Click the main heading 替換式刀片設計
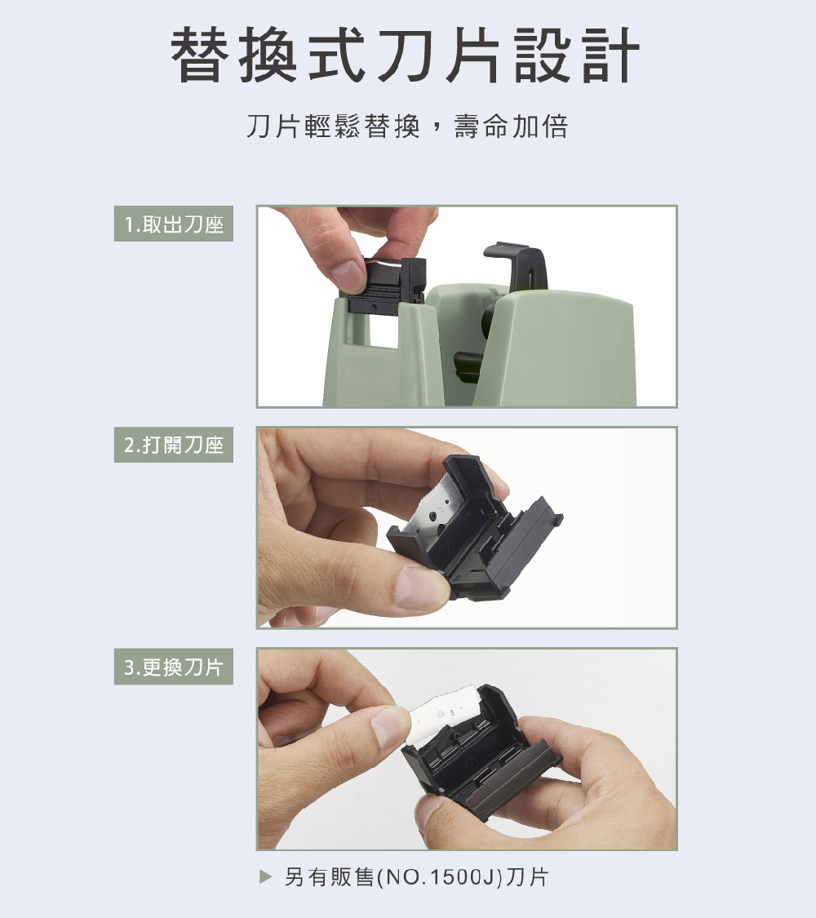405,55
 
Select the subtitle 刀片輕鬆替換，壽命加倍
407,126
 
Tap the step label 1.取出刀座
174,224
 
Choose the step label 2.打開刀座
174,445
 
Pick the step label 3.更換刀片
174,667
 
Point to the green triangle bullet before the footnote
266,876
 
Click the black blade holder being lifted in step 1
384,286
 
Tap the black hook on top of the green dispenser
517,267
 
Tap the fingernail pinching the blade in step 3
390,729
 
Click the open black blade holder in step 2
474,528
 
